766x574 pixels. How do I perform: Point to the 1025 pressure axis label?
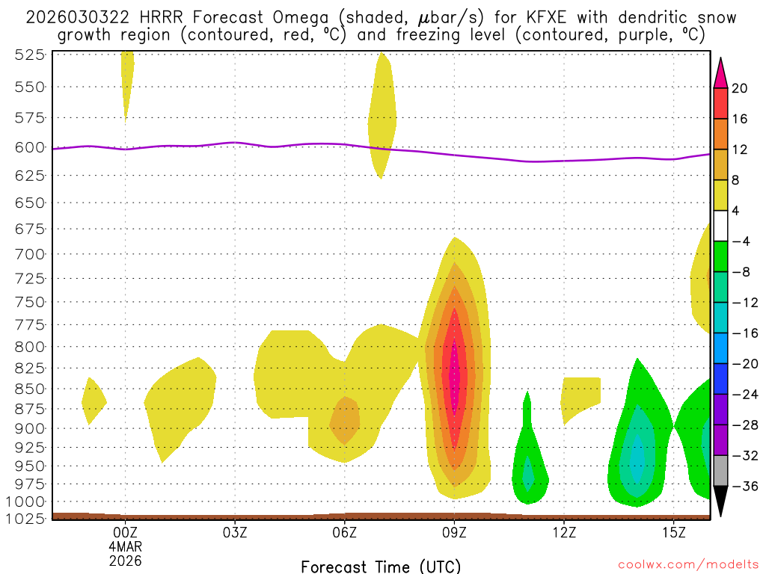click(31, 517)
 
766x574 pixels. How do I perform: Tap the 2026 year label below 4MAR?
click(125, 560)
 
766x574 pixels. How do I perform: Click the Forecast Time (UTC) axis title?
click(381, 566)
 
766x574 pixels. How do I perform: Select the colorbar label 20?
click(740, 88)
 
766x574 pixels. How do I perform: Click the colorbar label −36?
click(744, 487)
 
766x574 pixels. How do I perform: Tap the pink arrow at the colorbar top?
click(721, 72)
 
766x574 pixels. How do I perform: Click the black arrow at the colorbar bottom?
click(721, 501)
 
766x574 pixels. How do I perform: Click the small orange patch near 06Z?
click(345, 421)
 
